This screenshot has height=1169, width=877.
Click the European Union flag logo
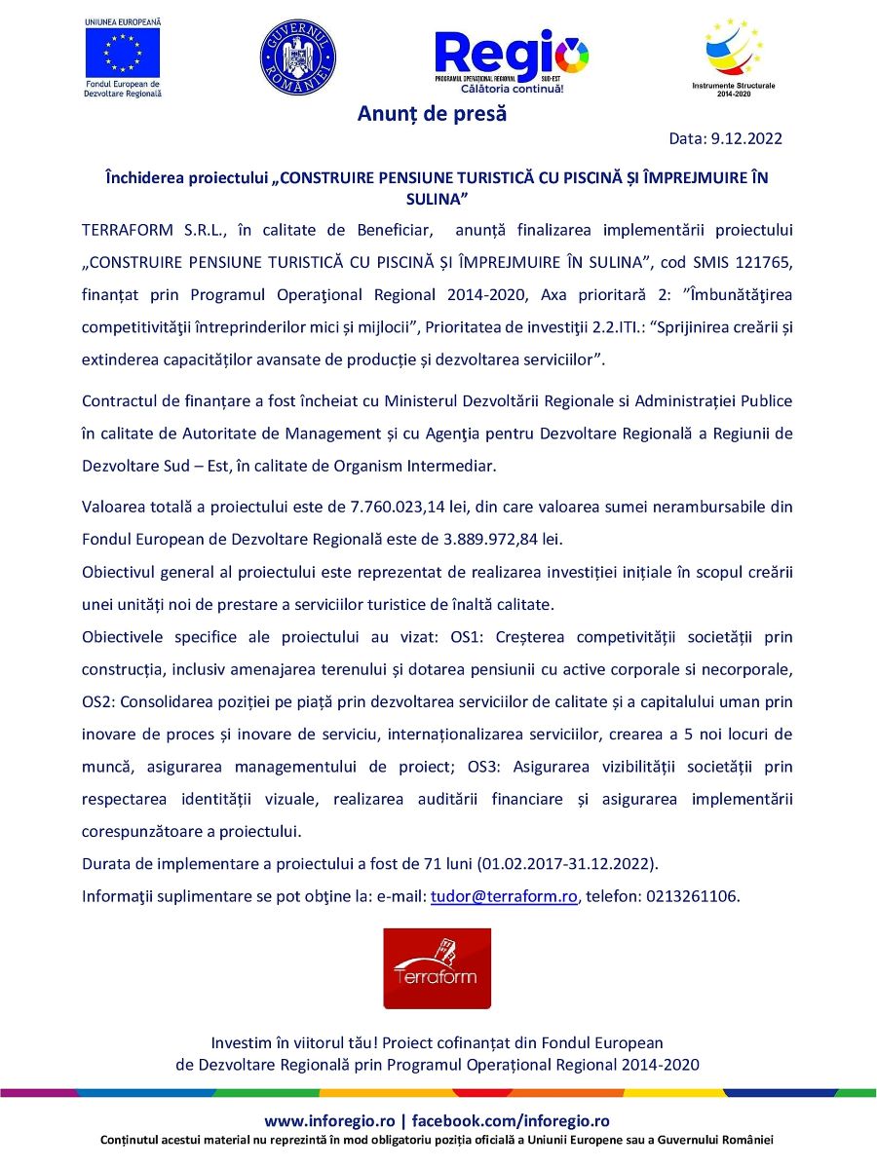[123, 52]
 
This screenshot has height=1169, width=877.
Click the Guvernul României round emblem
[297, 57]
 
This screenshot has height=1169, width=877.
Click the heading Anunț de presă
[432, 114]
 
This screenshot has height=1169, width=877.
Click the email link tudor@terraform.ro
[505, 896]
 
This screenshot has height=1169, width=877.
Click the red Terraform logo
[423, 967]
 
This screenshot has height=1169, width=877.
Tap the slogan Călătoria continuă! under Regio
[519, 89]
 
